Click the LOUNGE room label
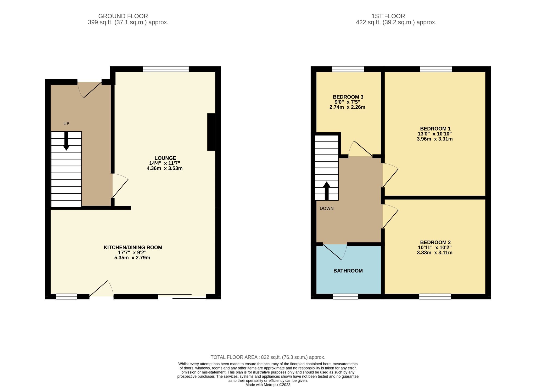click(165, 158)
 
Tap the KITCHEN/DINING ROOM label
click(133, 247)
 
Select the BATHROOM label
click(348, 271)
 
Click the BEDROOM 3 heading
click(348, 97)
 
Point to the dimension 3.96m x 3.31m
click(434, 139)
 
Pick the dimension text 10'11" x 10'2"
click(434, 248)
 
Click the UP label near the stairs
click(66, 124)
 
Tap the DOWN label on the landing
click(326, 208)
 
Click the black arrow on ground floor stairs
click(66, 141)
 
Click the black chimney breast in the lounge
click(211, 132)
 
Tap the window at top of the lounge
click(166, 69)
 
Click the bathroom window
click(345, 297)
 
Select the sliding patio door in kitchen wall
click(182, 296)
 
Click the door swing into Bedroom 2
click(390, 217)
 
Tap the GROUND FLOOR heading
click(123, 16)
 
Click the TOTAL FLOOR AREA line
click(268, 357)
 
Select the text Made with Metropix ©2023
click(268, 385)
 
